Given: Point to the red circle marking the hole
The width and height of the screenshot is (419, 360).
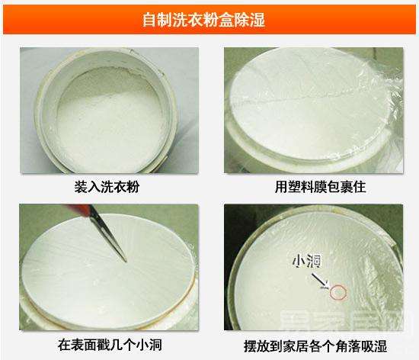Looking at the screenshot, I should pos(338,290).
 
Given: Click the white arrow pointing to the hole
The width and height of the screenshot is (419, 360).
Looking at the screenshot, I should pos(319,278).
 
